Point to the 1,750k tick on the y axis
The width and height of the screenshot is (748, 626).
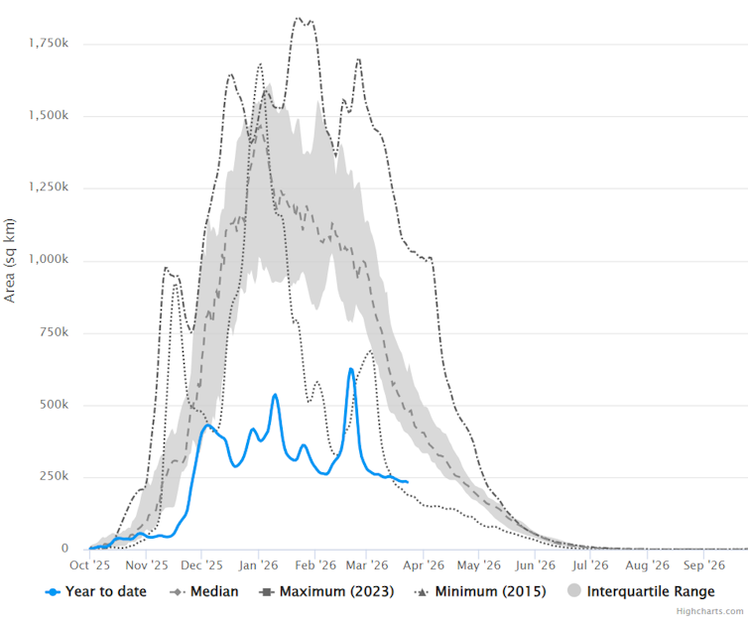point(47,44)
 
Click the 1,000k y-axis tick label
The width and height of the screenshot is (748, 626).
point(47,260)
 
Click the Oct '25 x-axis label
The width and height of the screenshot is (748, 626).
point(89,565)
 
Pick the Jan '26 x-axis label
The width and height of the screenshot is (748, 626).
point(258,565)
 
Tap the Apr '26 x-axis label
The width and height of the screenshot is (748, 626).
point(423,565)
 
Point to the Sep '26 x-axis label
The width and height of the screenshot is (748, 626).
point(702,565)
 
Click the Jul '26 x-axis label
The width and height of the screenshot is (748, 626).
point(590,565)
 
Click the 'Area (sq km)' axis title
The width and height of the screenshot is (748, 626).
point(10,260)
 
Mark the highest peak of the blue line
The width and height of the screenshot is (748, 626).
point(351,370)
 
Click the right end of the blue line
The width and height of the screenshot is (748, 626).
point(407,482)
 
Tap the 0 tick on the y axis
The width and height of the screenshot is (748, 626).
point(64,549)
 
